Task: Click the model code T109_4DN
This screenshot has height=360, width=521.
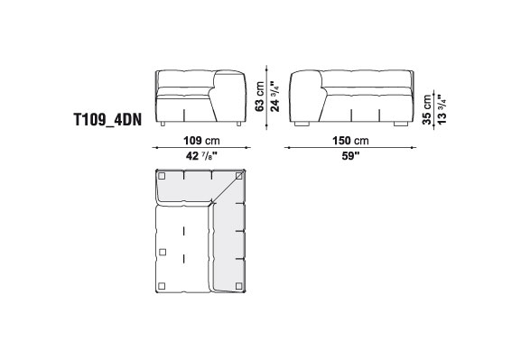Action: coord(107,120)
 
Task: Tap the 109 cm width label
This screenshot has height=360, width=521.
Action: coord(201,141)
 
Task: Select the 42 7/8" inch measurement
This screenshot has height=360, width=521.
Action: coord(201,155)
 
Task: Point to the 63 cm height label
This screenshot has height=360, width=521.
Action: coord(260,97)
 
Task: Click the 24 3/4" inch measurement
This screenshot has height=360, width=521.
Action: coord(274,97)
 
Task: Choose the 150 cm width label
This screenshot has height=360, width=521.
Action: coord(350,141)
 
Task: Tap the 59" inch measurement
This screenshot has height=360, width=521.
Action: coord(351,156)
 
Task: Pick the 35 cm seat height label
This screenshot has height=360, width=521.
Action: coord(427,109)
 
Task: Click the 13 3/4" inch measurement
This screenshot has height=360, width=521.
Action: coord(442,109)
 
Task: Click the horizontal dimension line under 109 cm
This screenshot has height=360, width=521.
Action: coord(201,147)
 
